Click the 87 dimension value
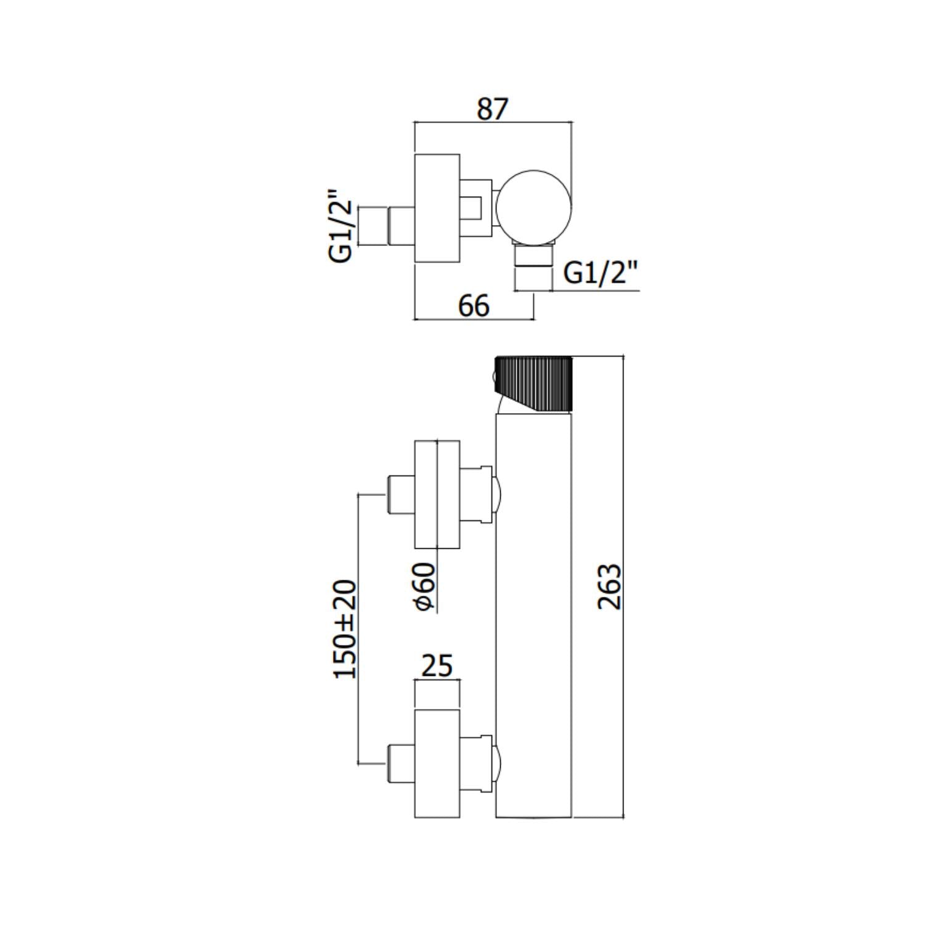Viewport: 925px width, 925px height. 492,109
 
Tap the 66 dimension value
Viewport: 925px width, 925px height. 474,305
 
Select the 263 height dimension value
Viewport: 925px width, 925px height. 610,586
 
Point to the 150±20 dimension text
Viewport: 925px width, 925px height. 345,629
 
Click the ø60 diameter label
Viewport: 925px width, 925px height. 425,586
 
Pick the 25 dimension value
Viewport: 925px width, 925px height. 437,666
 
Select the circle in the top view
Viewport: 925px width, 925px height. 534,207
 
